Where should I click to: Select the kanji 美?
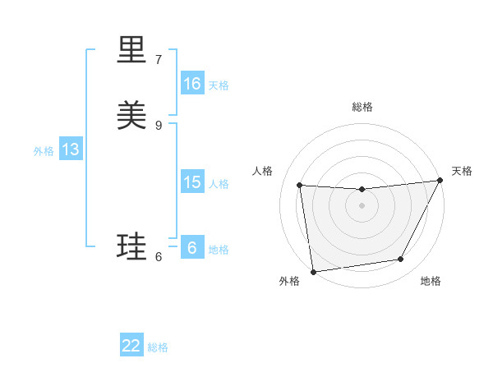tap(133, 115)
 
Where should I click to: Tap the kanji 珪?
tap(133, 247)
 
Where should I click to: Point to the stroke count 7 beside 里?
tap(159, 60)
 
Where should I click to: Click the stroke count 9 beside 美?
tap(159, 125)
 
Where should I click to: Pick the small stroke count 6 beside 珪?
tap(159, 257)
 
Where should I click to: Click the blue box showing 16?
tap(192, 84)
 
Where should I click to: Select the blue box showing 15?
tap(192, 182)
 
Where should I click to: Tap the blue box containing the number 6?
tap(192, 248)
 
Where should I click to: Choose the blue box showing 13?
tap(71, 149)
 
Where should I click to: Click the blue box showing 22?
tap(131, 346)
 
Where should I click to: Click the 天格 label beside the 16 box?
tap(219, 85)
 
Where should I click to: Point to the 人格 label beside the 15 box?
tap(219, 183)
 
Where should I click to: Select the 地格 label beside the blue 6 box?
tap(219, 249)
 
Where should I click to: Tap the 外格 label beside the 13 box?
tap(44, 150)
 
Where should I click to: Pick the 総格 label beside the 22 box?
tap(158, 347)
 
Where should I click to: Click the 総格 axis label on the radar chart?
tap(362, 107)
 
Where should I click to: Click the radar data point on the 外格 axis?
tap(313, 271)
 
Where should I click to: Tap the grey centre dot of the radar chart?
tap(362, 205)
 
